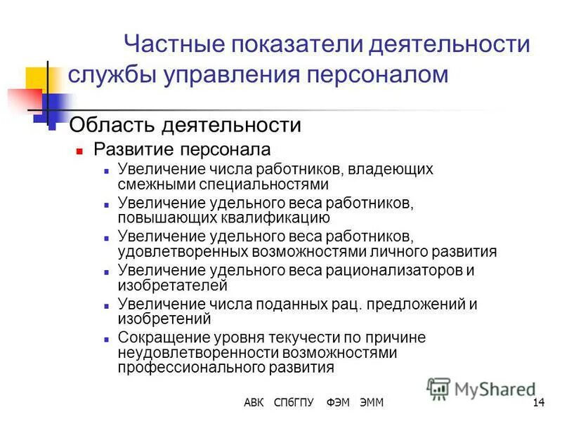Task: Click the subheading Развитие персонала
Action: pos(182,149)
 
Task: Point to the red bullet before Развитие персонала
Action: pos(80,151)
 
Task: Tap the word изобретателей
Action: pos(172,286)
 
